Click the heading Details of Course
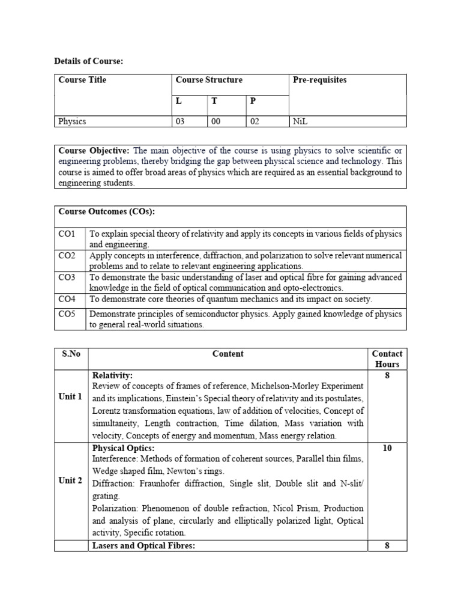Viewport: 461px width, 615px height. pos(88,61)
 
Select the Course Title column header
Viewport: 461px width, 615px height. pos(82,80)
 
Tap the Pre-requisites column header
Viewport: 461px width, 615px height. pos(319,80)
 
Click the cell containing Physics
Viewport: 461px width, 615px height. pos(72,121)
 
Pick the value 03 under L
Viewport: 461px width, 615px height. pos(180,121)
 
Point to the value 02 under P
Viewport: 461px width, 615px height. pos(255,121)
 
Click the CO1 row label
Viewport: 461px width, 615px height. pos(67,234)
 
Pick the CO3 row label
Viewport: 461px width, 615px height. pos(67,277)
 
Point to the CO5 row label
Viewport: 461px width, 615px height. pos(67,314)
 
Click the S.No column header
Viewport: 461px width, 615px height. pos(71,354)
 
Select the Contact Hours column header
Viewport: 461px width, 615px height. pos(387,359)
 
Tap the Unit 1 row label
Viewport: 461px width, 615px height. pos(70,396)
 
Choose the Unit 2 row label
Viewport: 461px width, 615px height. pos(70,480)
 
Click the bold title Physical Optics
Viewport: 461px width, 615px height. pos(123,448)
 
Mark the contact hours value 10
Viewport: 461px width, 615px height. pos(387,448)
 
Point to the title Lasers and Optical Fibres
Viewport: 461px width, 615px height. pos(143,545)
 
